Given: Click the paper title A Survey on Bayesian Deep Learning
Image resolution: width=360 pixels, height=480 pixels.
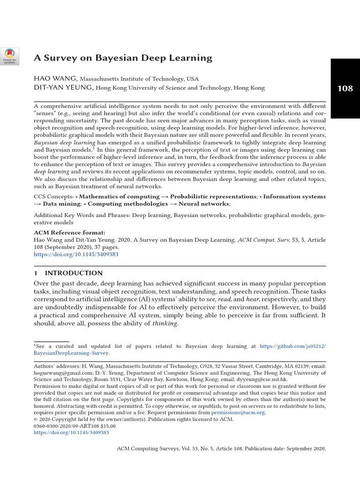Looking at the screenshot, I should coord(123,58).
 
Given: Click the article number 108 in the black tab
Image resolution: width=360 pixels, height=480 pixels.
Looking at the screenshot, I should coord(345,88).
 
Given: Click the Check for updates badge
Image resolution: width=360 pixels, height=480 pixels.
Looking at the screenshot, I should coord(10,56).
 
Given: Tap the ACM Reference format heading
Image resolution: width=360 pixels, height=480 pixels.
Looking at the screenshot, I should coord(70,232).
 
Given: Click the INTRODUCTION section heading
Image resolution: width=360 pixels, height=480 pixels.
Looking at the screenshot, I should coord(73,273).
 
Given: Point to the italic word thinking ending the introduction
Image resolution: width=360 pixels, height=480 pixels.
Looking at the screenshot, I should coord(165,324).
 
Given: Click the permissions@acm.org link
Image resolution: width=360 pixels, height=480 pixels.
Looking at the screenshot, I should coord(238,412).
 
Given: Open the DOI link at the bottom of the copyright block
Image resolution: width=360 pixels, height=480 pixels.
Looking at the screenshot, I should coord(71,433).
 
